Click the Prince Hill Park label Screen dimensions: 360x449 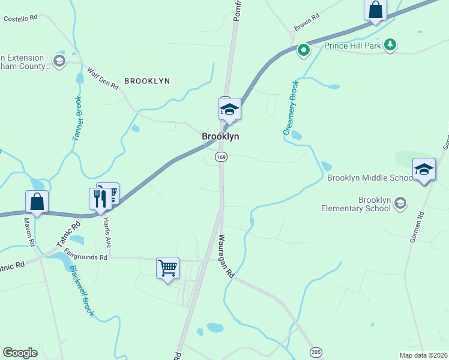pos(353,46)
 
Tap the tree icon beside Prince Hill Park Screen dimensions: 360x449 pos(390,44)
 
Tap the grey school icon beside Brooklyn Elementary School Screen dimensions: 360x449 pos(400,204)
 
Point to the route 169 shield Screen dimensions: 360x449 pos(221,157)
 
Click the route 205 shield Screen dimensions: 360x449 pos(316,352)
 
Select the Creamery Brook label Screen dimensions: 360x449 pos(291,107)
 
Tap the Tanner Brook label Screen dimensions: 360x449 pos(77,119)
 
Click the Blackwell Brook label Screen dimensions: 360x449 pos(81,291)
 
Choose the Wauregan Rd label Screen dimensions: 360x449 pos(227,256)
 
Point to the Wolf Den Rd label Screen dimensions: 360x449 pos(103,79)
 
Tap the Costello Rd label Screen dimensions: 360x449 pos(20,19)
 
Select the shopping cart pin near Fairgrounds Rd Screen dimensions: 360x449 pos(167,267)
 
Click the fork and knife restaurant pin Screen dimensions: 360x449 pos(100,199)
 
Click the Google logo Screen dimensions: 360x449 pos(20,353)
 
